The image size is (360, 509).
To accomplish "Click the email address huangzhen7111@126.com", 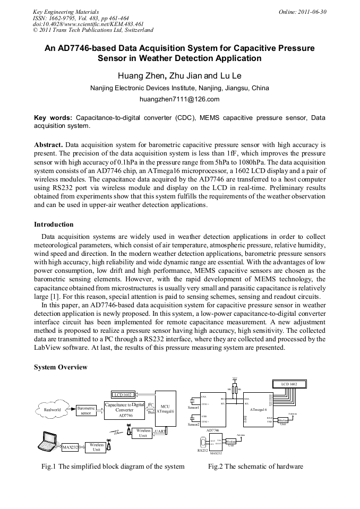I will coord(179,99).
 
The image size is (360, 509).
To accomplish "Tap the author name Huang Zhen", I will coord(140,75).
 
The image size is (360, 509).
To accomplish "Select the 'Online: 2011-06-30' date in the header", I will coord(302,11).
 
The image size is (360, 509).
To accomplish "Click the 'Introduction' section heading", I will coord(54,225).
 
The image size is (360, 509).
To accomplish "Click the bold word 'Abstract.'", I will coord(48,144).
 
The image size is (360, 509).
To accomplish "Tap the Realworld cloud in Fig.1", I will coord(52,410).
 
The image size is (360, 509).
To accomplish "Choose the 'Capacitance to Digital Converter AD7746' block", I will coord(125,410).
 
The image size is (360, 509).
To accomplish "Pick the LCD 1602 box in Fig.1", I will coord(124,394).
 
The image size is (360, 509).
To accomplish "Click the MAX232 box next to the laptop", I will coord(70,447).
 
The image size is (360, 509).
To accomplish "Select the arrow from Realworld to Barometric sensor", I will coord(70,410).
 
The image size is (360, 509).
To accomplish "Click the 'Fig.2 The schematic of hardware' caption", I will coord(255,467).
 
